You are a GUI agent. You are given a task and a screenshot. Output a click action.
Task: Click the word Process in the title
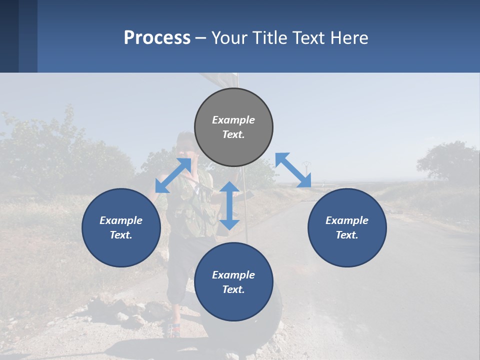157,38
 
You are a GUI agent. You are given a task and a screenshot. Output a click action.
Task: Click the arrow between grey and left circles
173,175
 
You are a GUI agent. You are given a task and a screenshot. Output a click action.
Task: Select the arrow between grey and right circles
293,170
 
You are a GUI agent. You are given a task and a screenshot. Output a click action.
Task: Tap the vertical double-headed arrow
229,205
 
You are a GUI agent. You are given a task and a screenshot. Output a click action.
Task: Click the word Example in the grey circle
233,120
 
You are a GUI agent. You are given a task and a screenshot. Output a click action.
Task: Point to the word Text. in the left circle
121,235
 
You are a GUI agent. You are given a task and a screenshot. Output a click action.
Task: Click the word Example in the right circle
347,220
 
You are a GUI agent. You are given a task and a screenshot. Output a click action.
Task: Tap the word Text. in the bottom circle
233,289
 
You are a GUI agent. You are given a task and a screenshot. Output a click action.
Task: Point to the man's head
185,142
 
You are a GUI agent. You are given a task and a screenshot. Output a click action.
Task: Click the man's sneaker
173,330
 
